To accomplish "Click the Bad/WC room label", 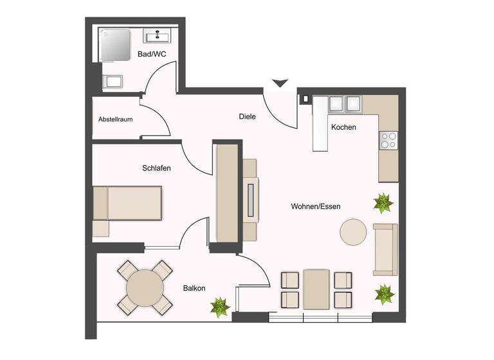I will [152, 55].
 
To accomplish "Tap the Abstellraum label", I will [116, 120].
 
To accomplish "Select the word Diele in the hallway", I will [247, 117].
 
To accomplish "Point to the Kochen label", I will [343, 127].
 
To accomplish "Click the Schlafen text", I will [156, 168].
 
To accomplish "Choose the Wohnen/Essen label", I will [315, 206].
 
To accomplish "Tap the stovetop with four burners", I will [388, 140].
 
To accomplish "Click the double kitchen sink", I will [345, 104].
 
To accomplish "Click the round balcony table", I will [145, 287].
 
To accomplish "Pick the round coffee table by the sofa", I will [353, 232].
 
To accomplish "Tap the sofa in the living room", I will [385, 248].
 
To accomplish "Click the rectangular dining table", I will [316, 289].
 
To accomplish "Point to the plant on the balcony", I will [220, 307].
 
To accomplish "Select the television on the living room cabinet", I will [250, 200].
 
